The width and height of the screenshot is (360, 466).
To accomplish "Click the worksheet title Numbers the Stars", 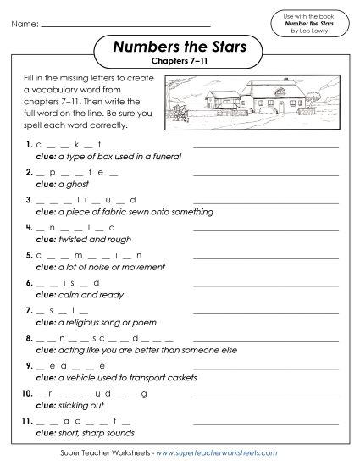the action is click(x=179, y=46).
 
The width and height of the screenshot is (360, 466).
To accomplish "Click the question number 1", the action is click(x=29, y=145).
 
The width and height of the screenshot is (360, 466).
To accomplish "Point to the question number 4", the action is click(x=29, y=227).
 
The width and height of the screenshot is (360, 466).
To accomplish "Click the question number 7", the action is click(x=29, y=311).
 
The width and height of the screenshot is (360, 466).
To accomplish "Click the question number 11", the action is click(x=28, y=422).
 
